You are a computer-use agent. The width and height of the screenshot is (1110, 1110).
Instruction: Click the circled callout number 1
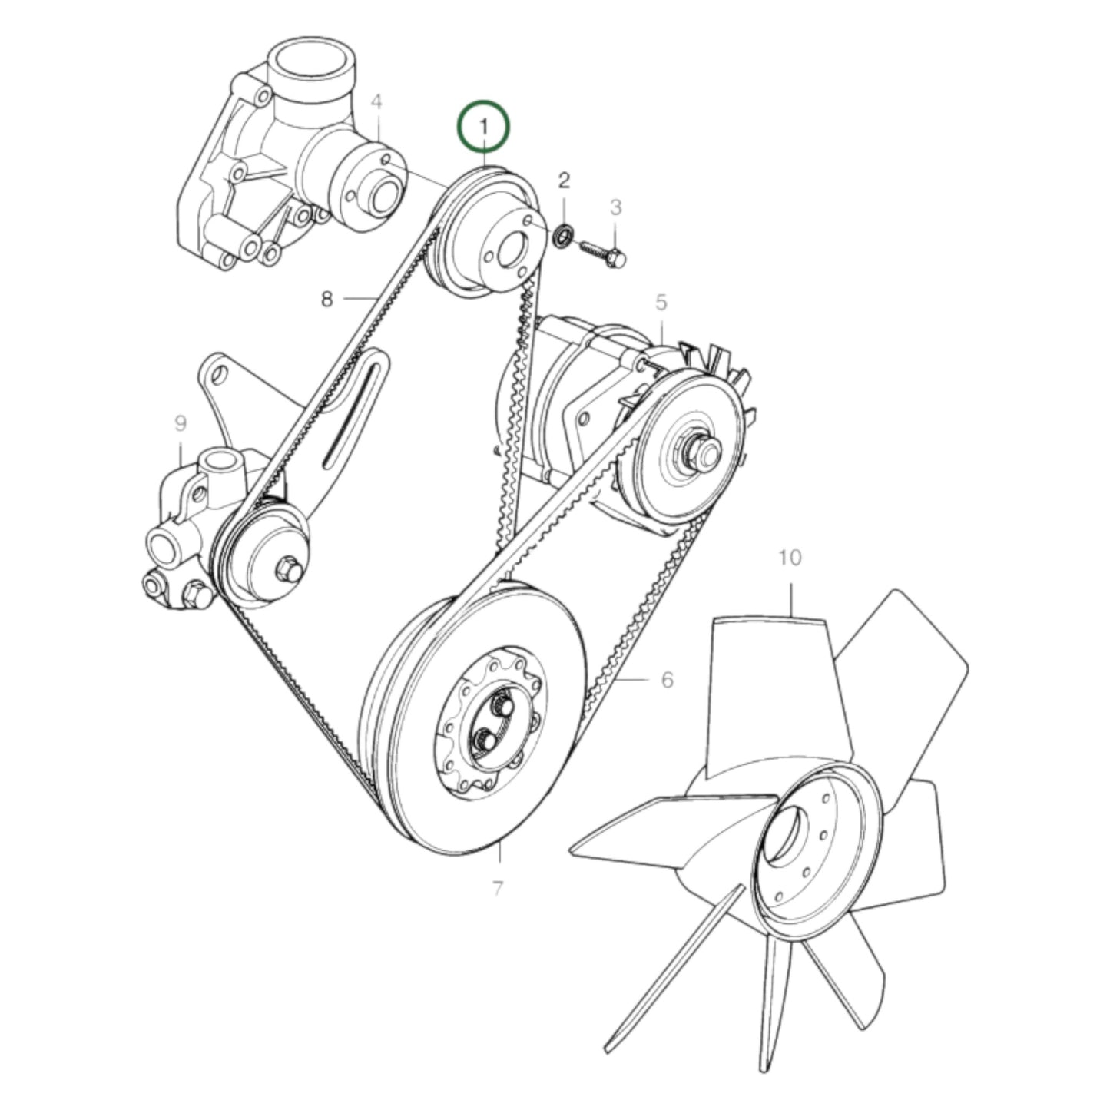click(x=484, y=125)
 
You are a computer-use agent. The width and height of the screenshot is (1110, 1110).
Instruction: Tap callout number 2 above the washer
click(x=564, y=181)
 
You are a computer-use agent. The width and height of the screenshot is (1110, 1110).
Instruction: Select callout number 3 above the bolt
click(x=615, y=207)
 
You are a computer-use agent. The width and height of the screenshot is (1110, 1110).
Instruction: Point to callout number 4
click(x=376, y=102)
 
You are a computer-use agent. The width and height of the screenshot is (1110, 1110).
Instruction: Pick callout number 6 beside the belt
click(x=667, y=679)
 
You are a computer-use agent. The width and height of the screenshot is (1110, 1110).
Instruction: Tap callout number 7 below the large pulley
click(x=498, y=889)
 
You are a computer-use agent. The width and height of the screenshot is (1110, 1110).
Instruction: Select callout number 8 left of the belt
click(x=327, y=299)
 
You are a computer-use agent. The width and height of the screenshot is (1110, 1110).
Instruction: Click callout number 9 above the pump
click(x=181, y=422)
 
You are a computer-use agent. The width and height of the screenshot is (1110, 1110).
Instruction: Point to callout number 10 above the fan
click(x=790, y=557)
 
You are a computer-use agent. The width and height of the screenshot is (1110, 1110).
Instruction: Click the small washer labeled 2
click(x=562, y=236)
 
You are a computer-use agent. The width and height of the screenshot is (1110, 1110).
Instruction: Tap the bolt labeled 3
click(x=605, y=254)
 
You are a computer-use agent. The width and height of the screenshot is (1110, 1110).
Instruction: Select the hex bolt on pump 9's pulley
click(x=289, y=568)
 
